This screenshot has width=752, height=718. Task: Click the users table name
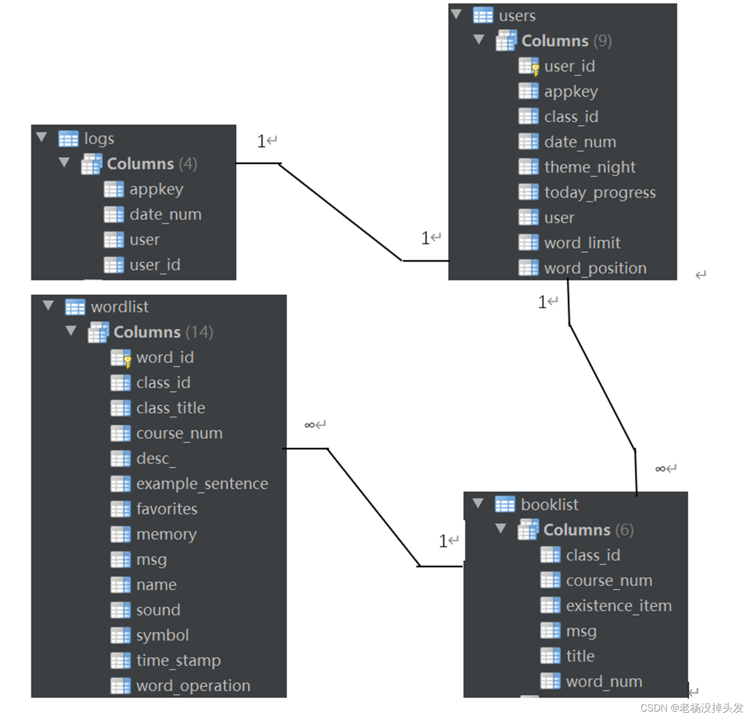pos(517,16)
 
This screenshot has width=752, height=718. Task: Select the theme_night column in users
pos(589,168)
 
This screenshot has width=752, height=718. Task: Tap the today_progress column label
pos(600,193)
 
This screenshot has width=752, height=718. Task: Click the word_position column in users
pos(595,268)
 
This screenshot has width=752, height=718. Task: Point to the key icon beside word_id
pos(128,361)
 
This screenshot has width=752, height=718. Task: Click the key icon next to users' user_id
pos(535,69)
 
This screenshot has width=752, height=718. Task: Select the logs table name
pos(99,139)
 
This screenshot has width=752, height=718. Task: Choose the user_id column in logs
pos(154,265)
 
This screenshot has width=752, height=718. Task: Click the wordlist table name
pos(120,307)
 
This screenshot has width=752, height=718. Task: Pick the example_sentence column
pos(202,484)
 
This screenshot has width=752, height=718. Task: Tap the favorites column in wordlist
pos(167,509)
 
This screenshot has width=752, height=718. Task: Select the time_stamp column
pos(178,660)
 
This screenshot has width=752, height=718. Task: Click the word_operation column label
pos(193,686)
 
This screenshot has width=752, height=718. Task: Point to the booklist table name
pos(550,505)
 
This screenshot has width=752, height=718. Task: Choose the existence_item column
pos(619,606)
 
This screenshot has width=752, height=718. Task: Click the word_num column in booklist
pos(604,682)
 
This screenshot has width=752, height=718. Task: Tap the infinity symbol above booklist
pos(660,469)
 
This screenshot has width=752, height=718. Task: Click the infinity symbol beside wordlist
pos(310,426)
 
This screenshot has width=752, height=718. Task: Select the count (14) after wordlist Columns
pos(199,332)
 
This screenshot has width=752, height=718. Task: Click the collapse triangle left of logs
pos(41,137)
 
